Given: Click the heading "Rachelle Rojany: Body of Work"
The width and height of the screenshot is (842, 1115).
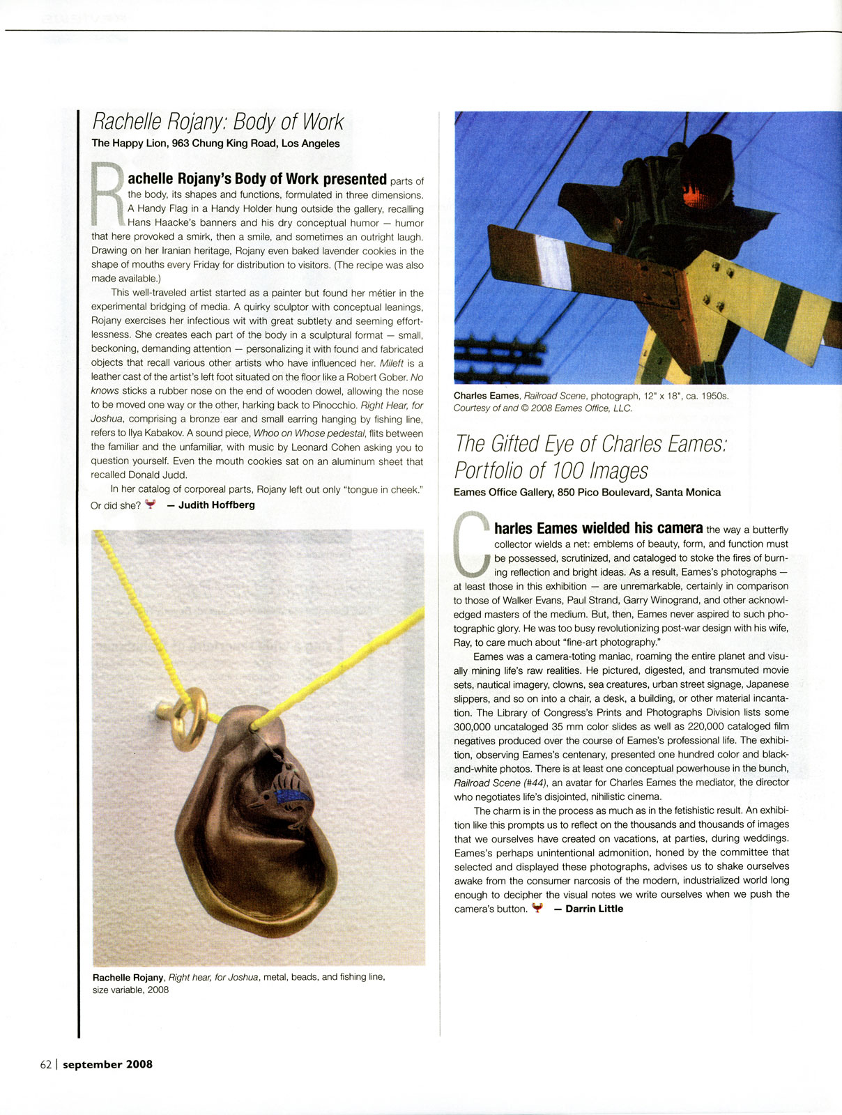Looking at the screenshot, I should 218,122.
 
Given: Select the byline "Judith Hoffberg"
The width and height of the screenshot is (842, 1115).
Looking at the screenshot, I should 216,505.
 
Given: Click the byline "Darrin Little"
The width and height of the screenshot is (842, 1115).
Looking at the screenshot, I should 594,909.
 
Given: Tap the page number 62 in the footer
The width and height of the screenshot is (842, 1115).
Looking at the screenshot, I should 46,1064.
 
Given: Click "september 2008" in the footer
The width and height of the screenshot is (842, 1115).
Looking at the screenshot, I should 107,1064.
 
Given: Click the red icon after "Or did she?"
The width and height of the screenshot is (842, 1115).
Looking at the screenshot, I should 150,504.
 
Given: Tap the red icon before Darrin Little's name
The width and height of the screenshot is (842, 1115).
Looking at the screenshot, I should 537,908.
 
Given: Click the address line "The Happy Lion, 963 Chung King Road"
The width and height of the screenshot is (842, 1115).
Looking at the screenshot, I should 215,144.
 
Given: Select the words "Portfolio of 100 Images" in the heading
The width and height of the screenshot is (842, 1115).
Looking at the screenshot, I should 551,470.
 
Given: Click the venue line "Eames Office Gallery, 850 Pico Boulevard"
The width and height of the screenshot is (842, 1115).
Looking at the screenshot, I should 587,492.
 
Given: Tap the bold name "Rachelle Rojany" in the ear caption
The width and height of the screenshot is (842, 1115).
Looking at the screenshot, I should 128,977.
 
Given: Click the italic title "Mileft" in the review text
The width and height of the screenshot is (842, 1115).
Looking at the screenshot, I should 392,363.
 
